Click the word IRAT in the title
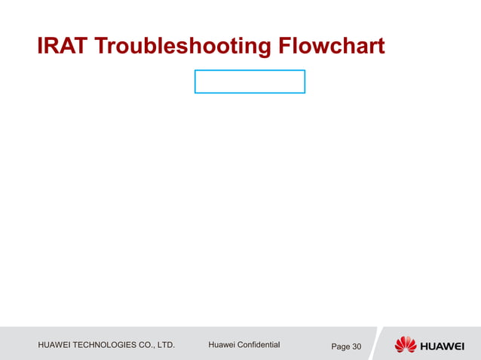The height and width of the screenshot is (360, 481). click(63, 47)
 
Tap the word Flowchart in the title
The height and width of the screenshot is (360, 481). click(332, 47)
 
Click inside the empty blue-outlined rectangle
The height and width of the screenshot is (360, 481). click(250, 81)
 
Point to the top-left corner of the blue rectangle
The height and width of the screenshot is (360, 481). click(195, 71)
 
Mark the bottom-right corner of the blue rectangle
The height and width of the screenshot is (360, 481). click(305, 93)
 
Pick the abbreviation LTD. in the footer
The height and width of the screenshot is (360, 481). click(176, 346)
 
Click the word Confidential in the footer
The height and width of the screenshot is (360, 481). click(257, 345)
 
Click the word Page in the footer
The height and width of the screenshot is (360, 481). click(340, 346)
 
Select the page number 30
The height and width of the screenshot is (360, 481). click(357, 346)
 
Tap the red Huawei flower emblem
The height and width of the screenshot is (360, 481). click(405, 345)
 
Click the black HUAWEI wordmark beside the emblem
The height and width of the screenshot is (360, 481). click(443, 346)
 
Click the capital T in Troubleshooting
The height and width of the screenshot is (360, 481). click(100, 47)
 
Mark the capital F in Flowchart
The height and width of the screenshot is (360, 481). click(286, 47)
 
